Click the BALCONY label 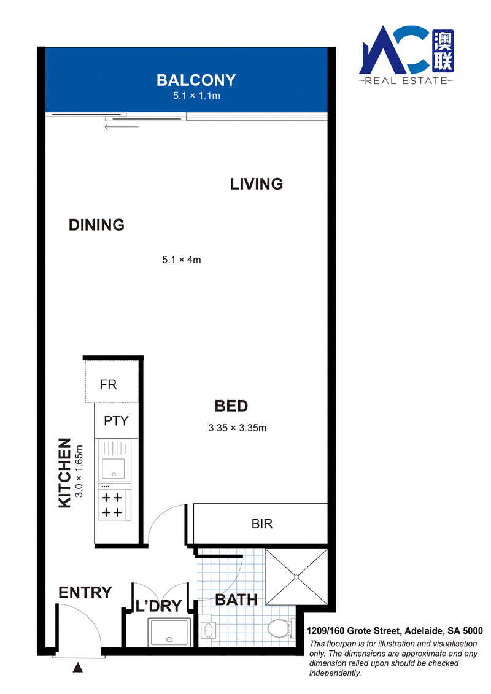196,80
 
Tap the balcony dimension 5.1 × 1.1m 196,96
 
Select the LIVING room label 257,184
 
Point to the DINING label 96,225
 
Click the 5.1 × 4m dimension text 182,260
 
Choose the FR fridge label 109,385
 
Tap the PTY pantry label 116,420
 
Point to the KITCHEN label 64,473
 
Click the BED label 231,406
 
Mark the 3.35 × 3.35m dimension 238,428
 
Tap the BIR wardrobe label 262,524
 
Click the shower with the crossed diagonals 296,577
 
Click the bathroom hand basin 209,630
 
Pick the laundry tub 170,632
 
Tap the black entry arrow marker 78,667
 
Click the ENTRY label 85,593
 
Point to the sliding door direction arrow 122,127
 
